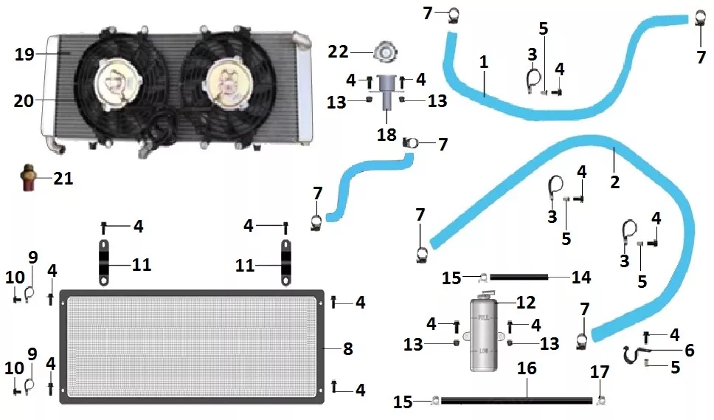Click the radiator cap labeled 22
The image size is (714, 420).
(x=385, y=52)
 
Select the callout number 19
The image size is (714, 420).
(x=24, y=55)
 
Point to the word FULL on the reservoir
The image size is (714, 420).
(x=483, y=317)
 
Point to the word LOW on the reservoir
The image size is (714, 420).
(x=483, y=351)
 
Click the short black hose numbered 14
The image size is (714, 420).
(x=519, y=277)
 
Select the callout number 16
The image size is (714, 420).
(x=527, y=368)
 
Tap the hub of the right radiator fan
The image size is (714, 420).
(x=223, y=83)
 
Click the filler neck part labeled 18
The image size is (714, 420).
(x=387, y=92)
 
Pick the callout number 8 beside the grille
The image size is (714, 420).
(x=348, y=349)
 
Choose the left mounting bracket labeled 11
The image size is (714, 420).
(x=104, y=262)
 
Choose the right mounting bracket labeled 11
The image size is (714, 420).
(x=285, y=263)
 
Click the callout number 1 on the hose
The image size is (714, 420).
(x=484, y=62)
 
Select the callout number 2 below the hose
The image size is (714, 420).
(x=614, y=182)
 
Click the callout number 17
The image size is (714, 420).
(x=600, y=372)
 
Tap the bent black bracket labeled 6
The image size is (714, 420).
(x=634, y=354)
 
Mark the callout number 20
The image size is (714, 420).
(x=24, y=100)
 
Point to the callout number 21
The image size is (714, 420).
(x=63, y=179)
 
